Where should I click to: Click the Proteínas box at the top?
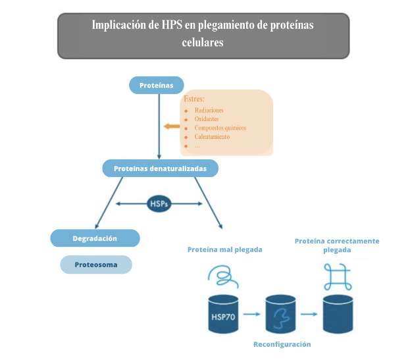[x=156, y=85]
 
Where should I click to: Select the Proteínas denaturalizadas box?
[x=160, y=168]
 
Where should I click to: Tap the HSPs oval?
[x=159, y=204]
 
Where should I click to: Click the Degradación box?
[x=95, y=238]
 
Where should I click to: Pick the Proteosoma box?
[x=96, y=265]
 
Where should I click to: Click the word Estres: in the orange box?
[x=194, y=99]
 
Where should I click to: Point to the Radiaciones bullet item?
[x=209, y=110]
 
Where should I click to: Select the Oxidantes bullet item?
[x=207, y=119]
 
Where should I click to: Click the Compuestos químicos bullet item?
[x=220, y=128]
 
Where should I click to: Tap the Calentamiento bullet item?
[x=212, y=137]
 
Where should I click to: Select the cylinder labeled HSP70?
[x=220, y=315]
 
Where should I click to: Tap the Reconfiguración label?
[x=282, y=344]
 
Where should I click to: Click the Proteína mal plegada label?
[x=224, y=249]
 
